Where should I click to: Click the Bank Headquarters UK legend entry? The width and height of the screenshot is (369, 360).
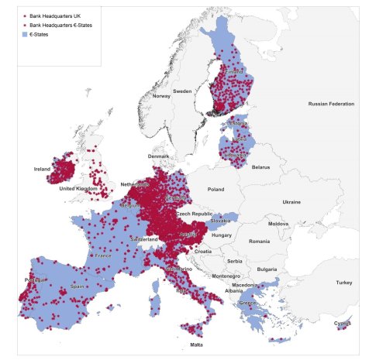pyautogui.click(x=54, y=15)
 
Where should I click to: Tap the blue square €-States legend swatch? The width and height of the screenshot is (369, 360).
pyautogui.click(x=26, y=34)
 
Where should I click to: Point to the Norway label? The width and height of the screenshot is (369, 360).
pyautogui.click(x=161, y=96)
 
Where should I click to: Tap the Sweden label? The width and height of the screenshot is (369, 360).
pyautogui.click(x=182, y=91)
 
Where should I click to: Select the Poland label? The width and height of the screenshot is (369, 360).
pyautogui.click(x=215, y=188)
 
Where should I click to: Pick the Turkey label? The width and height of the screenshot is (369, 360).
pyautogui.click(x=343, y=283)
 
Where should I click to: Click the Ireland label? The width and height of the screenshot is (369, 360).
pyautogui.click(x=42, y=168)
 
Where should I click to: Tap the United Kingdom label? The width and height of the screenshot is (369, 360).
pyautogui.click(x=78, y=188)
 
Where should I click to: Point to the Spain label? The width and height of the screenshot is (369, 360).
pyautogui.click(x=77, y=286)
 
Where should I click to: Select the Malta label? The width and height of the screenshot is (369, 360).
pyautogui.click(x=197, y=345)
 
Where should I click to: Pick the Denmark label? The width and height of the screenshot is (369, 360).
pyautogui.click(x=157, y=156)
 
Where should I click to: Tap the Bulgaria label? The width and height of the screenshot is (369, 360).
pyautogui.click(x=267, y=269)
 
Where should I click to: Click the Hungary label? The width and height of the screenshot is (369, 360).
pyautogui.click(x=222, y=235)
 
